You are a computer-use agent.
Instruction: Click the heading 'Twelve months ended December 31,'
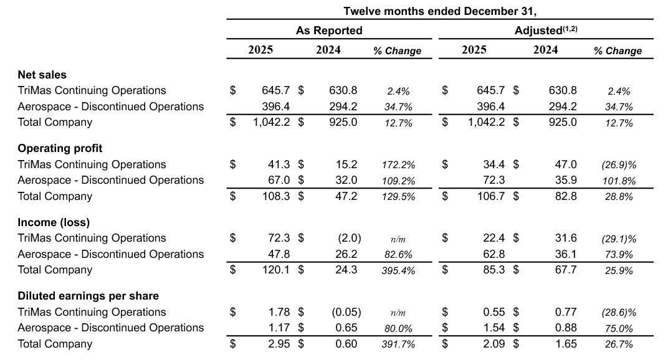click(440, 11)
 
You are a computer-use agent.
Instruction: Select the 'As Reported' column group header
click(328, 31)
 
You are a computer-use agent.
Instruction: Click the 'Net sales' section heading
click(42, 75)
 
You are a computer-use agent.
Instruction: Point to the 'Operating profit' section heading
click(60, 148)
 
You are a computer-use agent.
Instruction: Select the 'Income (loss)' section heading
click(54, 222)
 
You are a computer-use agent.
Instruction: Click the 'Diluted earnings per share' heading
click(88, 296)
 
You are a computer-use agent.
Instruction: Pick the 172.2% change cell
click(398, 165)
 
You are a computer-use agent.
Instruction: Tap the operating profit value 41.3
click(278, 164)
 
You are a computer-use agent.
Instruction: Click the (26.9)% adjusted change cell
click(618, 165)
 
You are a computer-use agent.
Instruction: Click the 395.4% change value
click(398, 270)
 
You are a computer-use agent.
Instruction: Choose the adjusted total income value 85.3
click(492, 270)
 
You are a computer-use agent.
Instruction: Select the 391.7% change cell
click(398, 344)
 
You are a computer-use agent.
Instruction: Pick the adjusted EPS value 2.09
click(493, 344)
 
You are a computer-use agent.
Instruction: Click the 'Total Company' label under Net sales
click(55, 122)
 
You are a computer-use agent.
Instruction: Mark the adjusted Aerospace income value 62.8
click(492, 254)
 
